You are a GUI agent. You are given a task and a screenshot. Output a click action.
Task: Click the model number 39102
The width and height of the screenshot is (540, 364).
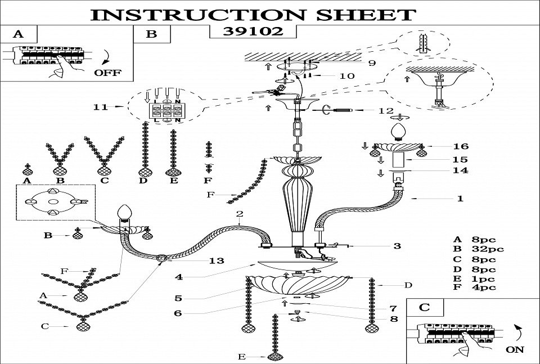[253, 32]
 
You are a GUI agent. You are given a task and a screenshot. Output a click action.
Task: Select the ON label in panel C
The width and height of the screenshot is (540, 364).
[514, 349]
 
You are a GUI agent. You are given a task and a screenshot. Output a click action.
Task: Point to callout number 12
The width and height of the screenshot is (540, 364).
[386, 110]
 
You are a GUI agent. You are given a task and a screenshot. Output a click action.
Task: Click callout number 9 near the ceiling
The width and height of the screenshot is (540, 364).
[372, 63]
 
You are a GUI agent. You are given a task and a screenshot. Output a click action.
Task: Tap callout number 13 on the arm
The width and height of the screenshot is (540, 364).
[217, 260]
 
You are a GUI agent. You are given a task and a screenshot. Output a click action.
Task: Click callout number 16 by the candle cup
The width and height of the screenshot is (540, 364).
[460, 146]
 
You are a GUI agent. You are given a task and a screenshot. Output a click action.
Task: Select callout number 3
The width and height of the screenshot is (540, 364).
[397, 246]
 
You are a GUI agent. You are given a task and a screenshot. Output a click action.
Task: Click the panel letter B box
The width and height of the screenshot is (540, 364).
[151, 34]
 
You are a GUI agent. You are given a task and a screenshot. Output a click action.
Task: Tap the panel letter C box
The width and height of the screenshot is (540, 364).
[425, 307]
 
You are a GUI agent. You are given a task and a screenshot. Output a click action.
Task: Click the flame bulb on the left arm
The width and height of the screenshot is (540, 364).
[124, 214]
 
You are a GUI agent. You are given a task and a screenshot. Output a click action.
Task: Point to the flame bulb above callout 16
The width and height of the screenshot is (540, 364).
[399, 132]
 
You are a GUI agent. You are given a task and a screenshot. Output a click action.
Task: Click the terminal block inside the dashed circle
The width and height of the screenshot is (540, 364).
[165, 110]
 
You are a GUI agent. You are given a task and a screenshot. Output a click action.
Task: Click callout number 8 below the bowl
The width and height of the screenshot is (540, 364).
[393, 318]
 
